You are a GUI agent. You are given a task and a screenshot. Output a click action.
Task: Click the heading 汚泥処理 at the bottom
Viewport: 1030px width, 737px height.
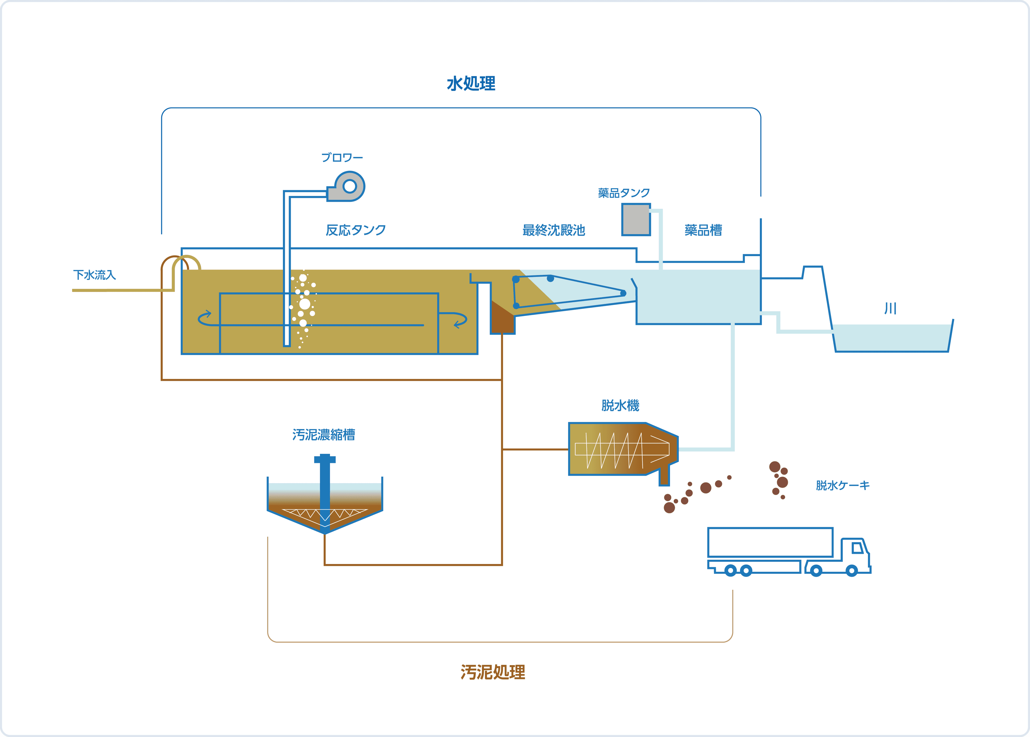pos(493,672)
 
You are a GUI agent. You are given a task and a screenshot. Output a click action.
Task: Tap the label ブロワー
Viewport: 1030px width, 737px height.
pos(342,157)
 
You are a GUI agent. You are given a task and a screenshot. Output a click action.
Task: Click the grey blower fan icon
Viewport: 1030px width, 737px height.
pos(348,186)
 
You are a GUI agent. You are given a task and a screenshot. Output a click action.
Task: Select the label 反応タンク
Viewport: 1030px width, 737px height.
pos(356,230)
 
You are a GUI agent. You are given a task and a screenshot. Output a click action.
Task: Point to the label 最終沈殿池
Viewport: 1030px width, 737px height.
pos(554,230)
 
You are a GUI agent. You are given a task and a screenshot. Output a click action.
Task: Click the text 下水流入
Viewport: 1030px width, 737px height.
pos(94,275)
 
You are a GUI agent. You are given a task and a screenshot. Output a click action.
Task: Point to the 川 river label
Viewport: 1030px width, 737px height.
pos(890,309)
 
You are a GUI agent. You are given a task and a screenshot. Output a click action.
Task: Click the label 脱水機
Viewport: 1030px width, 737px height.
pos(620,405)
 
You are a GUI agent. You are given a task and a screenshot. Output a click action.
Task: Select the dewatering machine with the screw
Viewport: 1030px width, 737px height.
pos(622,449)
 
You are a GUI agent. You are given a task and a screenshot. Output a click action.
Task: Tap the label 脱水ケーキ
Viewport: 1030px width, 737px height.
pos(843,486)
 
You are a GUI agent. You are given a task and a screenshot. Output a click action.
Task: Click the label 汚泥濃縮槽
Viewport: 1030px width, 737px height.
pos(323,435)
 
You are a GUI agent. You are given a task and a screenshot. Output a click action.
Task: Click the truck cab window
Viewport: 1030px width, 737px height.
pos(857,548)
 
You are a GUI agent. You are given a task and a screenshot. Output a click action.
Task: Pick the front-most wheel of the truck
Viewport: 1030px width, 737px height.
pos(852,570)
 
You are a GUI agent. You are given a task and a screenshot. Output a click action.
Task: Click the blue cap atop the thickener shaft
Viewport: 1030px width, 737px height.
pos(325,459)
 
